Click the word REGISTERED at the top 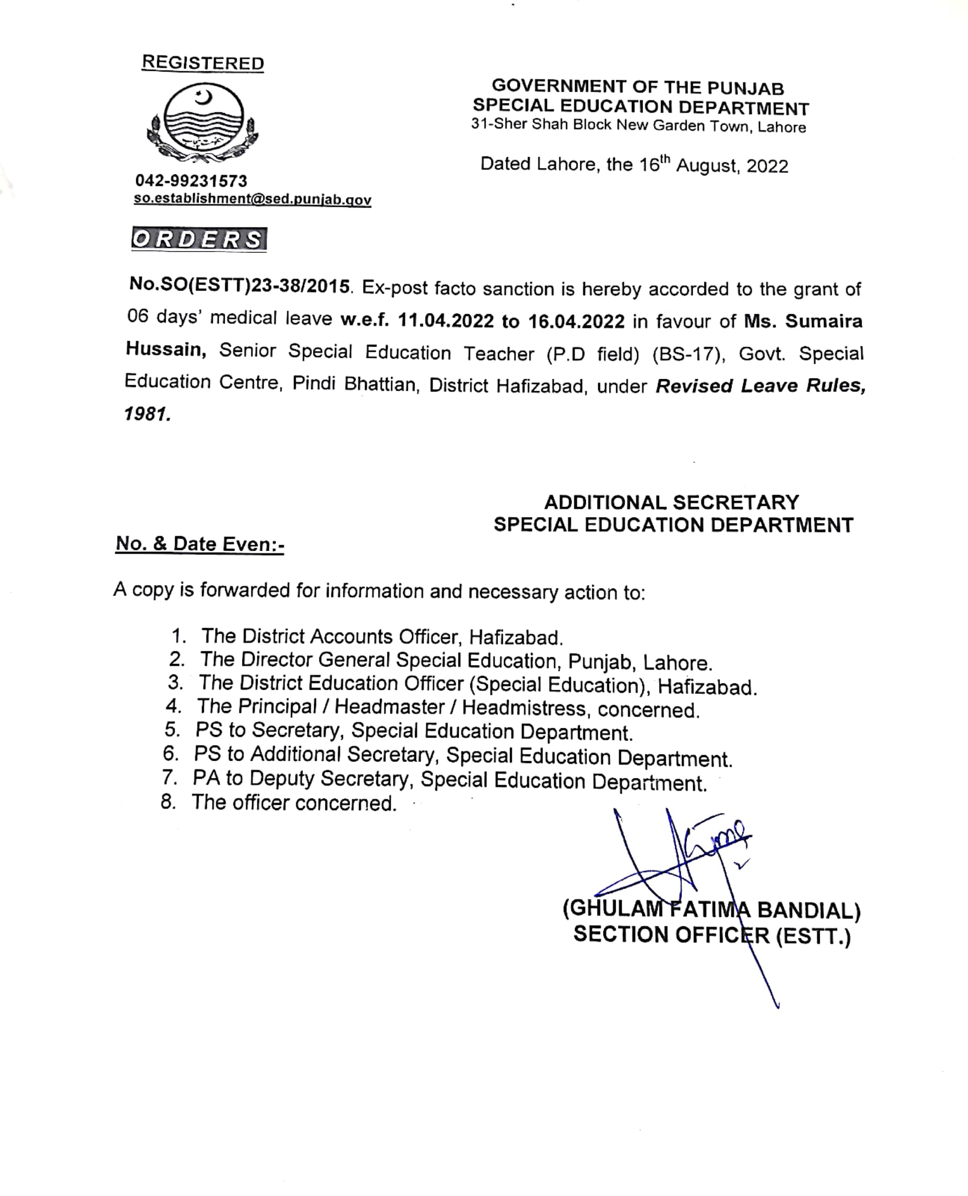(203, 63)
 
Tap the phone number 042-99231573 (191, 181)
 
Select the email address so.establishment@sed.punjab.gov (252, 199)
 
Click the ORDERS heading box (199, 239)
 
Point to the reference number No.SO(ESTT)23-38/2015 (240, 286)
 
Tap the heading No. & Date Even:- (200, 544)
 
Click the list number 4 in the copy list (173, 706)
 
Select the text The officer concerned (294, 803)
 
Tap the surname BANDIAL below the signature (809, 910)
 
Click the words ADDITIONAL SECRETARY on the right (672, 503)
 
